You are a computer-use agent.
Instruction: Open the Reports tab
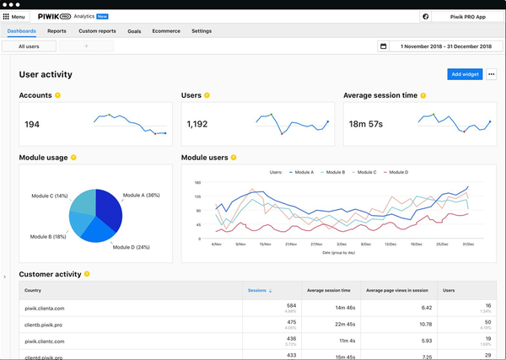[57, 31]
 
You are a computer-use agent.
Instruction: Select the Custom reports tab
[97, 31]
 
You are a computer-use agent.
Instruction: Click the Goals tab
[134, 31]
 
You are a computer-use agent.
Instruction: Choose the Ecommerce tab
[165, 31]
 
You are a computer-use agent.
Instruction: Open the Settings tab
[202, 31]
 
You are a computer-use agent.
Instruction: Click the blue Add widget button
[465, 74]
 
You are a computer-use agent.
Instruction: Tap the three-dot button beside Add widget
[492, 74]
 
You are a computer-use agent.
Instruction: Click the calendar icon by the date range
[384, 46]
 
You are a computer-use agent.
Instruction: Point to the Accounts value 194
[32, 125]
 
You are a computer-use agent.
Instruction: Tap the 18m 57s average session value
[365, 125]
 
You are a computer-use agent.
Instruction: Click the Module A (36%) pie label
[141, 196]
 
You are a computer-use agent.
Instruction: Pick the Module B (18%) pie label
[48, 237]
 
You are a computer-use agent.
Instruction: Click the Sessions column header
[258, 290]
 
